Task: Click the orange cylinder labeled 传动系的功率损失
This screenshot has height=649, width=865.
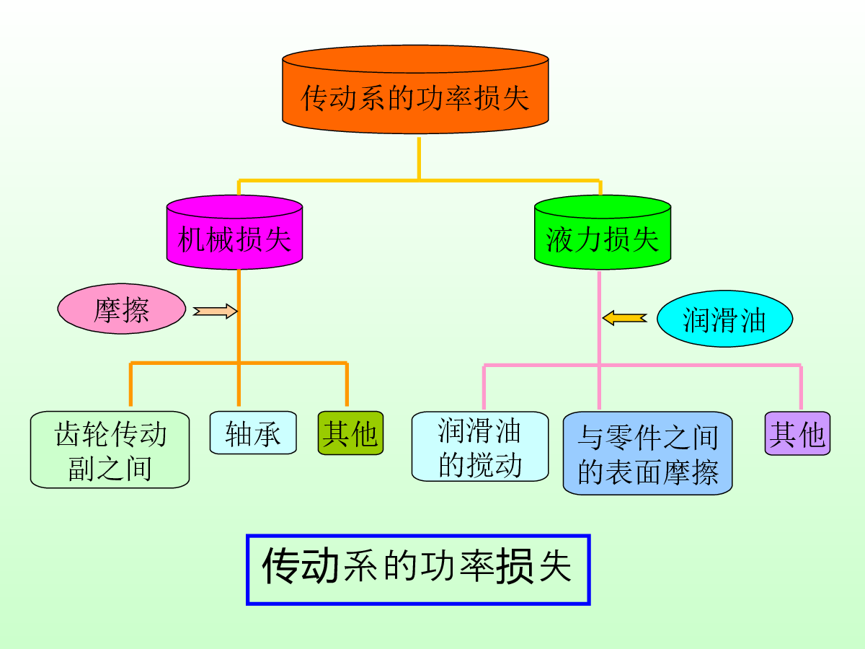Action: [415, 89]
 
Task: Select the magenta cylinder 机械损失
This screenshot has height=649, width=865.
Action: [234, 232]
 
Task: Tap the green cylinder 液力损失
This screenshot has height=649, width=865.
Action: [603, 232]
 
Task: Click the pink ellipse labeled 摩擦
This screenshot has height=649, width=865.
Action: [122, 309]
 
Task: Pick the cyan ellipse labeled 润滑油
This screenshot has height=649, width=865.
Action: [724, 319]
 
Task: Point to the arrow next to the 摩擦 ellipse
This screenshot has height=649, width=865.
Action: [215, 312]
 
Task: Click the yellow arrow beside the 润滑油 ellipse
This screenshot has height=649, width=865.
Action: [625, 318]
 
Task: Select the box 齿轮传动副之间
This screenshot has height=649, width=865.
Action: [110, 449]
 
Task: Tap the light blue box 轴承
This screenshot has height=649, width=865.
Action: [253, 433]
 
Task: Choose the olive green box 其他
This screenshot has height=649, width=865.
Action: [351, 433]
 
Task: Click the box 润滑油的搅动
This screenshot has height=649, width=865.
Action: [480, 446]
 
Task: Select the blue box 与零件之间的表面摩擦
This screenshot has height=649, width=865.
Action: [647, 453]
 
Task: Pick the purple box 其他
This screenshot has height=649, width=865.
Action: [798, 433]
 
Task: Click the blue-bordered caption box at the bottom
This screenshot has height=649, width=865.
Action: [418, 570]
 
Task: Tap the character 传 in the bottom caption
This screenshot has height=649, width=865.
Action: [281, 566]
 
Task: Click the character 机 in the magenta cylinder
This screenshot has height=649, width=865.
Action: [192, 239]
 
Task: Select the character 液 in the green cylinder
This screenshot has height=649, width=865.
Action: [559, 239]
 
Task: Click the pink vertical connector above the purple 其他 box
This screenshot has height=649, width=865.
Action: [801, 387]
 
